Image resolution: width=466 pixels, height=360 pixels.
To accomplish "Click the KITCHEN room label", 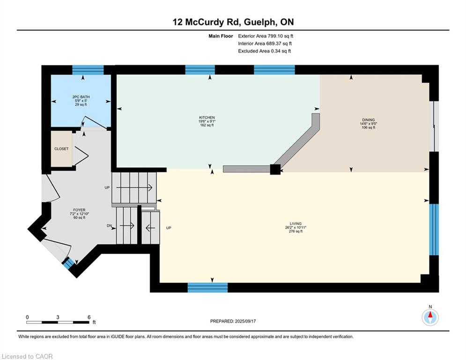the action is pos(207,118).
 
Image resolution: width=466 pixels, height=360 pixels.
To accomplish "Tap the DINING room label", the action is pos(368,120).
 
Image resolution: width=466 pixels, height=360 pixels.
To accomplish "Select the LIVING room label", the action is pos(296,224).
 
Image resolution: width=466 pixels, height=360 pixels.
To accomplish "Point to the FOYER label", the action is pos(79,210).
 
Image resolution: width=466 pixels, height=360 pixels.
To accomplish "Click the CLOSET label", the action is pos(61,149).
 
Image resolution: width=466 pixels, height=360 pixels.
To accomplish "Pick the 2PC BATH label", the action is pos(81,97).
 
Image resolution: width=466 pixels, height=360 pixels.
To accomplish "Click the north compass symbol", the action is pos(430,317).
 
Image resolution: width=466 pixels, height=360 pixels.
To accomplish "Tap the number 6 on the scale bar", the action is pos(89,317).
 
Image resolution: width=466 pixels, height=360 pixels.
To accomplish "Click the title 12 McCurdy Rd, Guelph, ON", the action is pos(233,22).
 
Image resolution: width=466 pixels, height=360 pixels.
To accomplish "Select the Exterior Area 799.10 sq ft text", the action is pos(266,36).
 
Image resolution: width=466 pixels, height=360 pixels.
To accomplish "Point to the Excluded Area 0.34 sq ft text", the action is pos(264,51).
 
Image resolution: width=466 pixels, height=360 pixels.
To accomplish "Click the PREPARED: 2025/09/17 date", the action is pos(233,321).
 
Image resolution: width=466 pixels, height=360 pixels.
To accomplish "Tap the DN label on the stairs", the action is pos(109,226).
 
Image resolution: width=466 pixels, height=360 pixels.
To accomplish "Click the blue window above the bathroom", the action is pos(88,70).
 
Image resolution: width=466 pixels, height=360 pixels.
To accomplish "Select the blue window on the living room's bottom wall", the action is pos(208,288).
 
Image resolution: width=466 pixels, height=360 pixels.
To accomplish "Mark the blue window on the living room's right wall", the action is pos(434,229).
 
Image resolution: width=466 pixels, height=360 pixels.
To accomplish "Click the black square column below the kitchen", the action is pos(275,169).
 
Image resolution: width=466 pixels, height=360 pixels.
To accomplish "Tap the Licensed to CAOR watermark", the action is pos(27,356).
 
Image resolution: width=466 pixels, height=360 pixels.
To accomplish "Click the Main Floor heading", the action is pos(221,36).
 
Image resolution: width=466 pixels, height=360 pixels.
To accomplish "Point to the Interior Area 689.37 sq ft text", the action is pos(265,44).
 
